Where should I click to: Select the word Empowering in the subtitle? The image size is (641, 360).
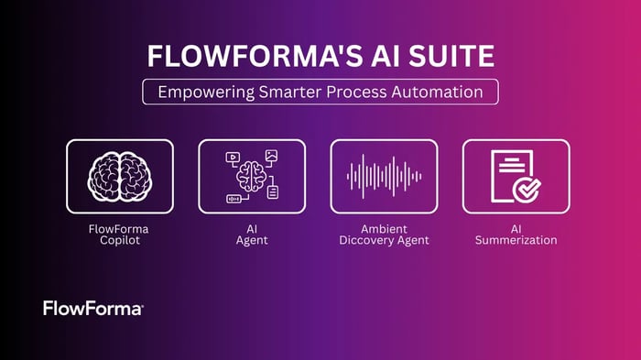point(201,93)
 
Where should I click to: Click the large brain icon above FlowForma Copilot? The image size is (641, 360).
point(119,175)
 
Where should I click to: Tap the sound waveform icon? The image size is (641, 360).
point(383,175)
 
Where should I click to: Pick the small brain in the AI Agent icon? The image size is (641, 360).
point(251,174)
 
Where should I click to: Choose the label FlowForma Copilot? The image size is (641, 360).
point(119,234)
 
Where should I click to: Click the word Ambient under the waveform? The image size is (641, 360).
point(384,227)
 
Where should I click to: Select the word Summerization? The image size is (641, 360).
point(516,240)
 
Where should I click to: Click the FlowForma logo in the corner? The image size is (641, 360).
point(92,309)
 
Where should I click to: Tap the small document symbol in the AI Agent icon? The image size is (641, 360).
point(273,191)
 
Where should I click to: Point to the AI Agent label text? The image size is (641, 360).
point(251,234)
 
